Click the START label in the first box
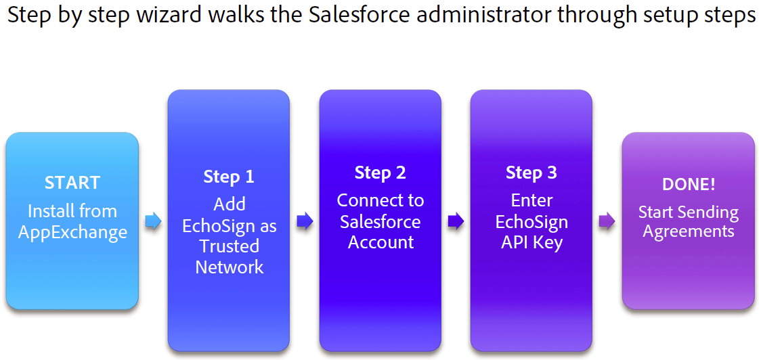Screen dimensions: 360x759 click(x=72, y=183)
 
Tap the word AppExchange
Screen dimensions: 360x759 click(x=72, y=233)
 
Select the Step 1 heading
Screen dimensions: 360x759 click(x=229, y=177)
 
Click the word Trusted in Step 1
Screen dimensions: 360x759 click(x=229, y=246)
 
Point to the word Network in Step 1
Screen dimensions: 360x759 click(x=229, y=267)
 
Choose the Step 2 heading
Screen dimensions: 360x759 click(x=381, y=173)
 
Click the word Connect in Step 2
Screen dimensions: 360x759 click(x=364, y=200)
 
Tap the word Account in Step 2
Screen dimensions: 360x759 click(x=381, y=242)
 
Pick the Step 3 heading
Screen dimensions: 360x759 click(x=532, y=173)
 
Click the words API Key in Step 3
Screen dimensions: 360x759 click(x=532, y=242)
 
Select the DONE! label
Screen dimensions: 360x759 click(x=689, y=185)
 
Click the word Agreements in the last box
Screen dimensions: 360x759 click(x=689, y=231)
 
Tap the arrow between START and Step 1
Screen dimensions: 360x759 click(x=154, y=221)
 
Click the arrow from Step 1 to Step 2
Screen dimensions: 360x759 click(x=305, y=221)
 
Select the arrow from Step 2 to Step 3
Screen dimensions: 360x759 click(x=456, y=221)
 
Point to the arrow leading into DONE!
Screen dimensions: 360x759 click(x=607, y=221)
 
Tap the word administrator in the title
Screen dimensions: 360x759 click(x=481, y=16)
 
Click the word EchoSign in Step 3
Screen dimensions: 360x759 click(x=532, y=222)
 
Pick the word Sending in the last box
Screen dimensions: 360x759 click(x=708, y=212)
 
